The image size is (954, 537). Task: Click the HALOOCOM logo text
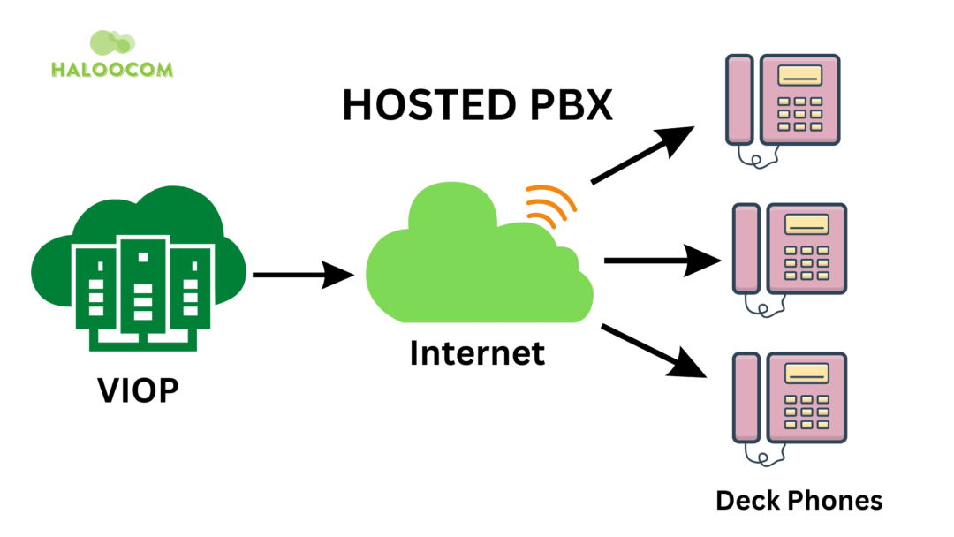tap(111, 70)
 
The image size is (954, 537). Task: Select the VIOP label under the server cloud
tap(137, 390)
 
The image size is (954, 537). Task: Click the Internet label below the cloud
tap(477, 353)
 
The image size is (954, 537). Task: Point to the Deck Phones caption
tap(799, 501)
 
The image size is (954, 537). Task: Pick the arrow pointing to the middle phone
tap(662, 261)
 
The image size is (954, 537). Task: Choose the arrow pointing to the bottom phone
tap(654, 352)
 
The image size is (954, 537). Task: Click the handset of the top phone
tap(739, 99)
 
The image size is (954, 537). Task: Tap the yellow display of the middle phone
tap(806, 223)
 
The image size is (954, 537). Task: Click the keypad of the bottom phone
tap(806, 411)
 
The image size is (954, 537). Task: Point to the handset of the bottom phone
tap(746, 397)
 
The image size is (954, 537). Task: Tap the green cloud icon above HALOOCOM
tap(111, 43)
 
